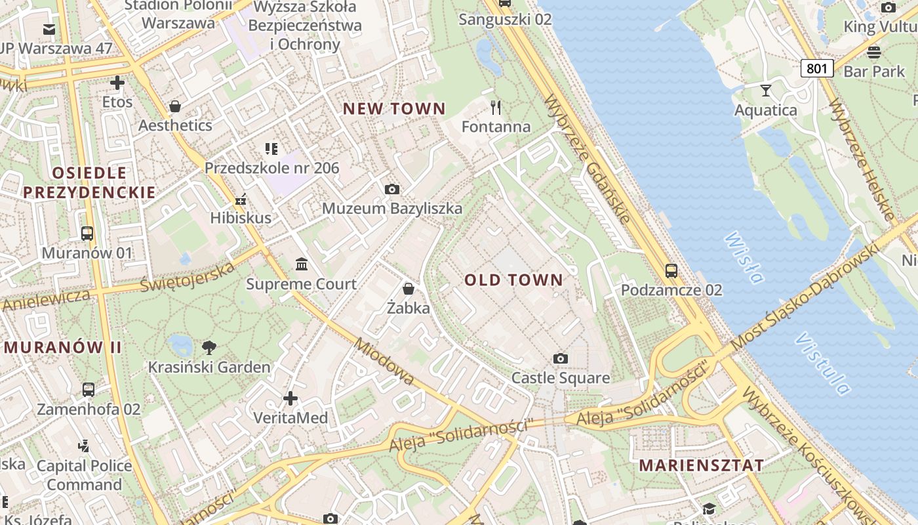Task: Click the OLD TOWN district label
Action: tap(514, 280)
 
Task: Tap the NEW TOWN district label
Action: tap(394, 109)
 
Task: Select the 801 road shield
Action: tap(816, 68)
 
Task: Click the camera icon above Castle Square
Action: tap(560, 358)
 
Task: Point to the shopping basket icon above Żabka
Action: tap(409, 289)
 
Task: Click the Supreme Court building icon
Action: tap(302, 264)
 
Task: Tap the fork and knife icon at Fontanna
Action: tap(496, 107)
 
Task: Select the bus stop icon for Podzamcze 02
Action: tap(671, 270)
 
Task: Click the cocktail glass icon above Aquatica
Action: tap(765, 91)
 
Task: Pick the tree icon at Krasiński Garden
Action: tap(209, 347)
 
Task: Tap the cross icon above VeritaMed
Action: tap(290, 398)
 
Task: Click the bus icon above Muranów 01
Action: tap(87, 234)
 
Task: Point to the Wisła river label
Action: tap(744, 257)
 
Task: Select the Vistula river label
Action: tap(822, 364)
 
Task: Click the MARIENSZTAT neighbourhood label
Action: tap(702, 465)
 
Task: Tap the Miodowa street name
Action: tap(384, 362)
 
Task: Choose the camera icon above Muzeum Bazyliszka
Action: tap(392, 190)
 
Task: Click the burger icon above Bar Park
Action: tap(873, 52)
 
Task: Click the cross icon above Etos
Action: tap(117, 83)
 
